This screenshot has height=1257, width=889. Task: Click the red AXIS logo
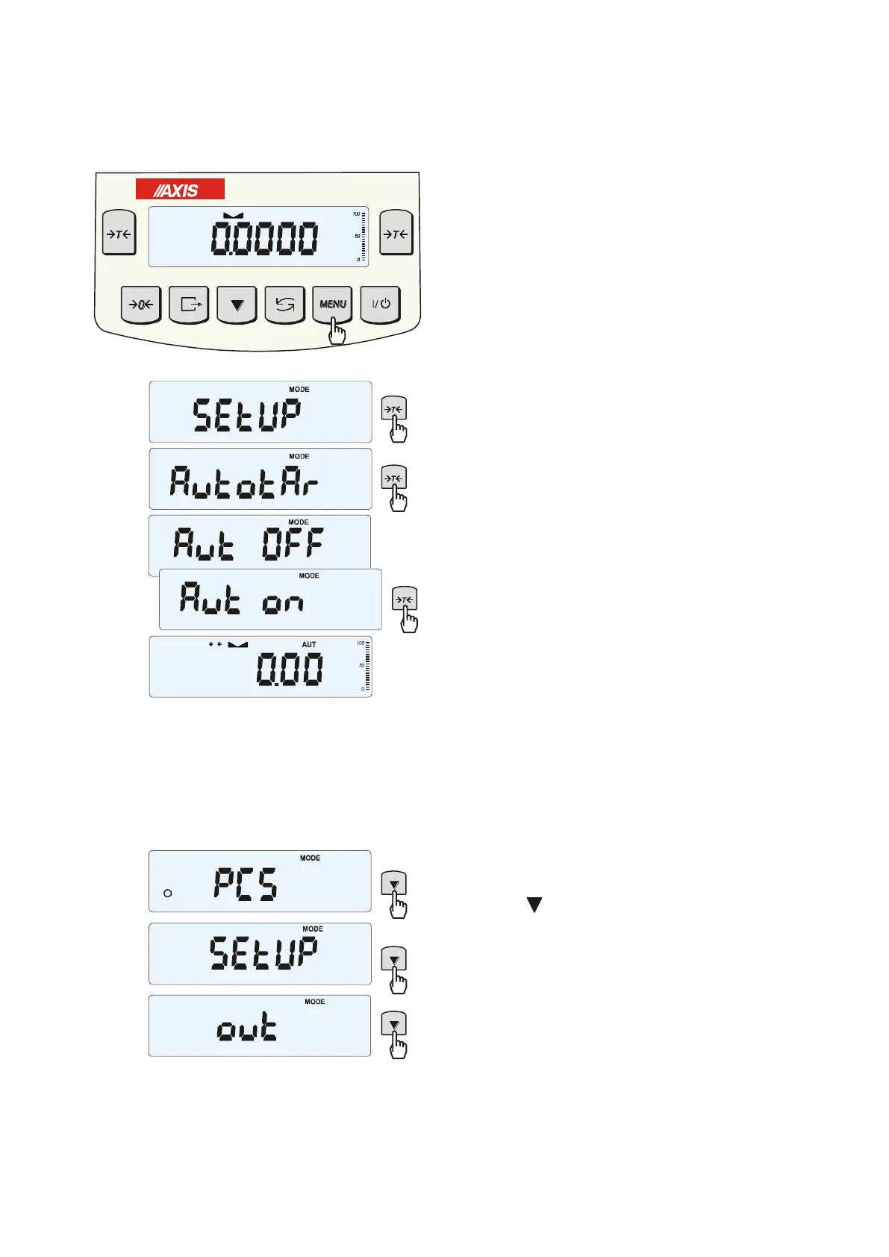[180, 190]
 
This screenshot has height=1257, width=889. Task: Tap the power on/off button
[381, 304]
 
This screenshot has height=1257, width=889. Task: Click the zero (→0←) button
[140, 304]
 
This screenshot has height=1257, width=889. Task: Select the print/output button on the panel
[189, 304]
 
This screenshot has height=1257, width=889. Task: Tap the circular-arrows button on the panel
[284, 304]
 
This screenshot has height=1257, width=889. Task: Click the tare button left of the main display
[119, 234]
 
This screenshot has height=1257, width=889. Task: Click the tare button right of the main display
[396, 234]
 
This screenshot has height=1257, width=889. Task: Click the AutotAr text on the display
[244, 481]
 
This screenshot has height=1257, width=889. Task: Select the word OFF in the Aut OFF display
[293, 543]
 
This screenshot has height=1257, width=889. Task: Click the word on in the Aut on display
[283, 602]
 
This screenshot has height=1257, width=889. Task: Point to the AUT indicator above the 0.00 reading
[309, 644]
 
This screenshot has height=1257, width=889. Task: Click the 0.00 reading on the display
[290, 669]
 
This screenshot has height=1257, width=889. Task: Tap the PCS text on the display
[246, 884]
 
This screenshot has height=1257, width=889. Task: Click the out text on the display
[246, 1029]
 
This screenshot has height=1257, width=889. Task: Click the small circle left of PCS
[168, 893]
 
